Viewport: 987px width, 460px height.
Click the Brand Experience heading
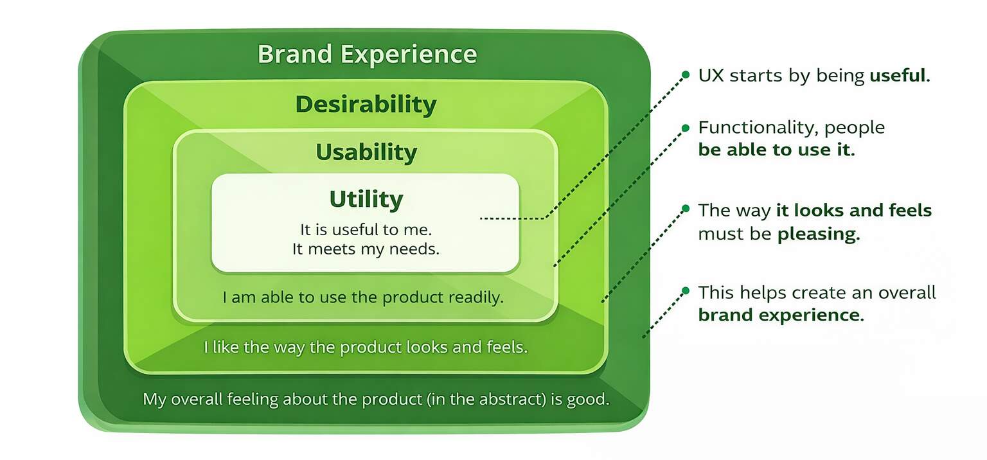[x=367, y=55]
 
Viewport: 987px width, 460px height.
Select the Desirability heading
[x=366, y=104]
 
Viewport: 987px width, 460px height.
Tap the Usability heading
[x=366, y=153]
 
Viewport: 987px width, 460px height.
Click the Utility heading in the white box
[x=366, y=199]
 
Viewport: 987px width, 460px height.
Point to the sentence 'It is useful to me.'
[x=366, y=229]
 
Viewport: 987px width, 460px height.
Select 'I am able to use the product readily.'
[x=363, y=298]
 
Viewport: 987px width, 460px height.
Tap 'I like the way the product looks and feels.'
[x=366, y=348]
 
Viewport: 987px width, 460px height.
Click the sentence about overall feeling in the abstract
[x=375, y=399]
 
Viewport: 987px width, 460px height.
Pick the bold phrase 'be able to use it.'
[x=776, y=150]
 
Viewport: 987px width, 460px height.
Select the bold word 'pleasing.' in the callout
[x=819, y=234]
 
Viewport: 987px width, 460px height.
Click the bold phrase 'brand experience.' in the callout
[x=781, y=315]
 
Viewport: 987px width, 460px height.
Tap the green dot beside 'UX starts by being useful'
[x=685, y=75]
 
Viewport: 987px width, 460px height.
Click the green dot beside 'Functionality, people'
[x=685, y=127]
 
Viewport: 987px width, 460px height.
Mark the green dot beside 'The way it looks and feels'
[x=685, y=209]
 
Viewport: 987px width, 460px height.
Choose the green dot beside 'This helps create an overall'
[x=685, y=291]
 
